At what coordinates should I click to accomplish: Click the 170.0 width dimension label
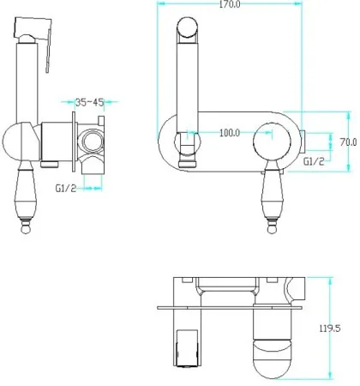click(230, 4)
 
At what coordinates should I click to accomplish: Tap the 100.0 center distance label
click(230, 133)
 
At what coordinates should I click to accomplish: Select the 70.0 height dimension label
click(348, 142)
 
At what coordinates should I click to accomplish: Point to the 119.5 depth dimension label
click(330, 329)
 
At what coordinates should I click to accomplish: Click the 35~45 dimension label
click(89, 102)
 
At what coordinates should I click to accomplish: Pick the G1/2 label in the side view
click(66, 189)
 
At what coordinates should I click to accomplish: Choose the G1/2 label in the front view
click(314, 162)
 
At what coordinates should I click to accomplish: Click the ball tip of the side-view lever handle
click(26, 229)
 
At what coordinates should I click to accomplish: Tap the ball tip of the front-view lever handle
click(272, 229)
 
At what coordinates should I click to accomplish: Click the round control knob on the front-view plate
click(272, 142)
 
